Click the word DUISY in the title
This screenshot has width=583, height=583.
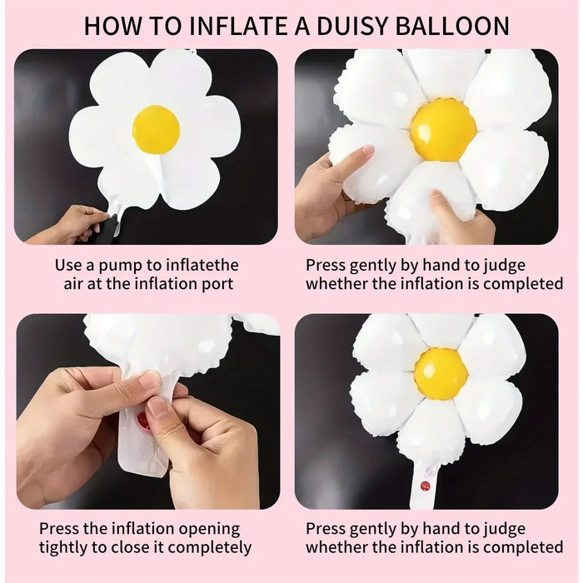pos(344,25)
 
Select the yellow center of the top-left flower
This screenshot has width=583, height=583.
pos(156,129)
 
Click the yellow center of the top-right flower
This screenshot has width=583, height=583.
pos(443,129)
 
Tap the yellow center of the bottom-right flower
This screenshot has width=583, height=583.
pos(441,374)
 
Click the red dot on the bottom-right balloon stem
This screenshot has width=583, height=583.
pos(425,486)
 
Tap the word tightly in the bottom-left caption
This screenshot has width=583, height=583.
pos(64,547)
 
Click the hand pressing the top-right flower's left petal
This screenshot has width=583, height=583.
pos(329,187)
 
